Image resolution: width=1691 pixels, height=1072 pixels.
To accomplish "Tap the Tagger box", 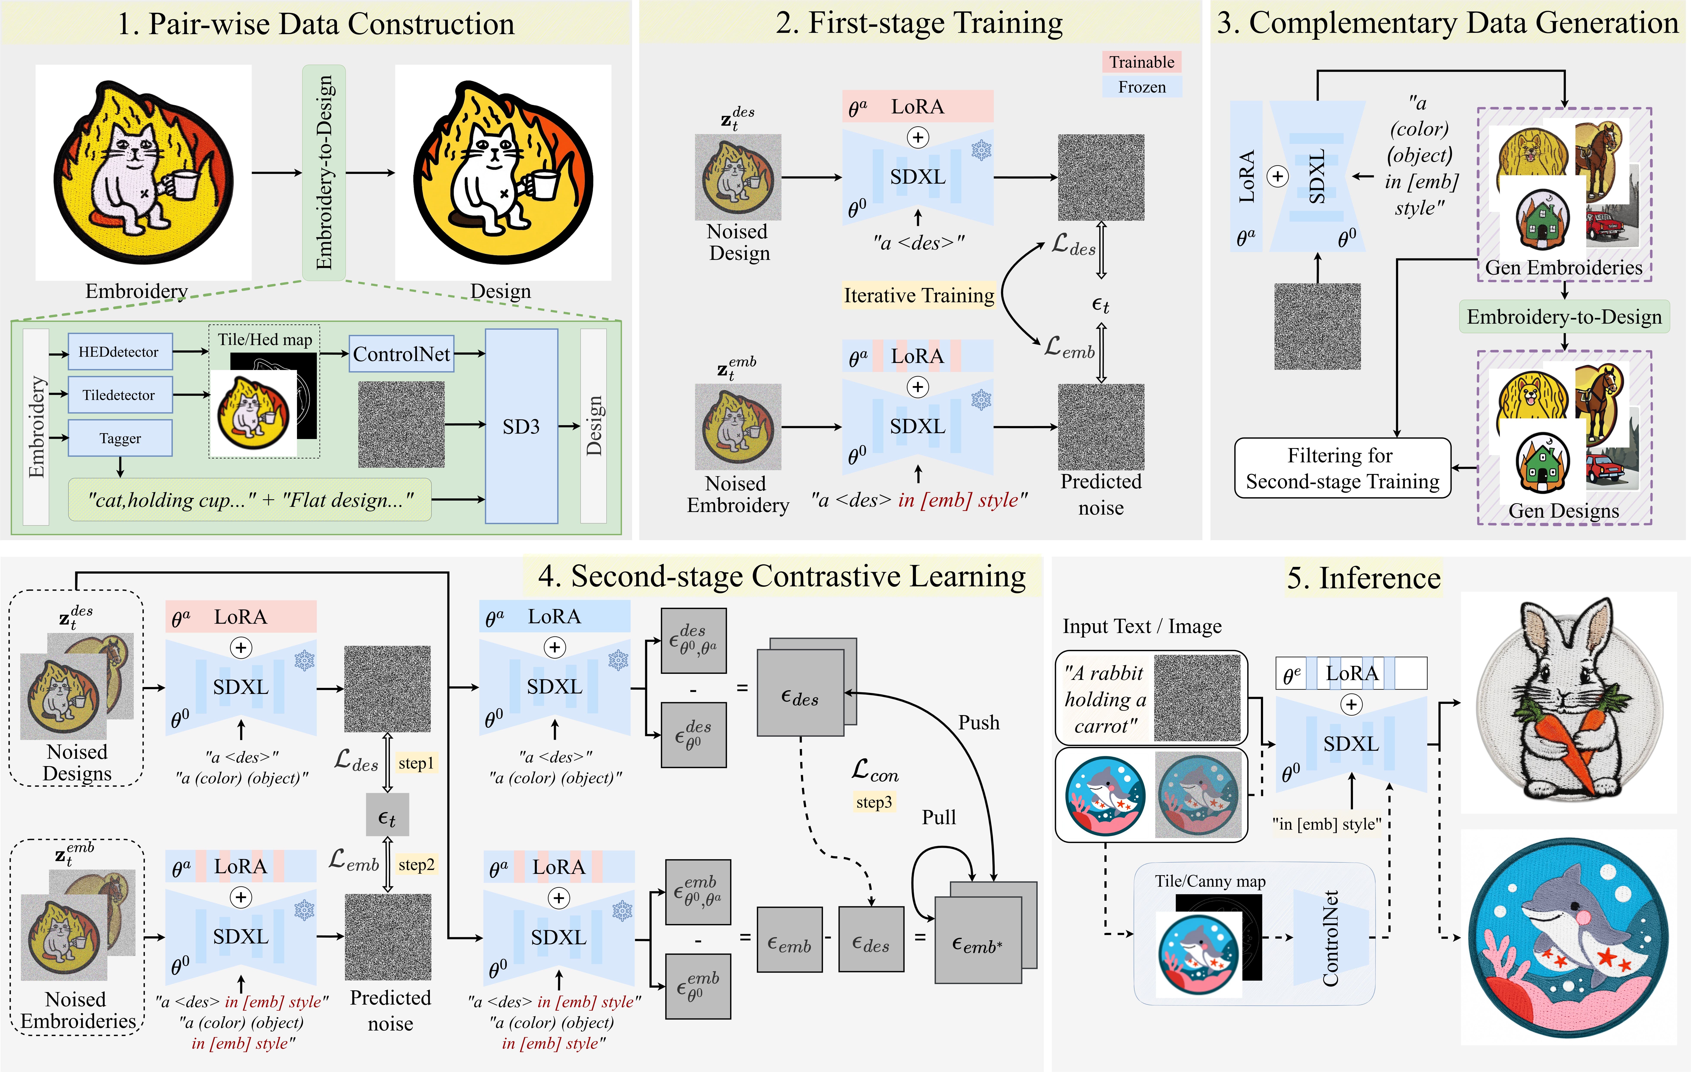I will click(120, 438).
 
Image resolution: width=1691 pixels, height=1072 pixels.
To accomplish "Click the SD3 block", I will click(521, 426).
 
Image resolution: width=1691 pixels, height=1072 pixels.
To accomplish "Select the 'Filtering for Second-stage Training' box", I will click(1342, 468).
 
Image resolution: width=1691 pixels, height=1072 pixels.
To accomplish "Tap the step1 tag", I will click(416, 763).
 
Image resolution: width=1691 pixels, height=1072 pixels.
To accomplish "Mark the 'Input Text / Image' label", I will click(1142, 626).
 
